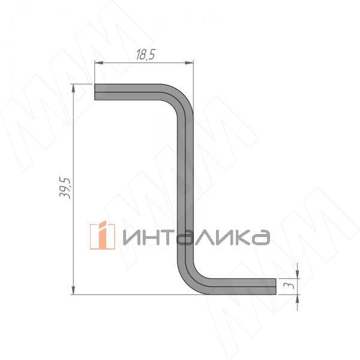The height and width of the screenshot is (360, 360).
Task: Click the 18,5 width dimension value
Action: point(146,55)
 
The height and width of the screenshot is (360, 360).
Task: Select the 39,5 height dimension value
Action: point(65,188)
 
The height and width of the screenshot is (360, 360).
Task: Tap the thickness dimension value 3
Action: point(289,286)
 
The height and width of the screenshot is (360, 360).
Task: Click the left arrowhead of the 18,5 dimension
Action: point(99,62)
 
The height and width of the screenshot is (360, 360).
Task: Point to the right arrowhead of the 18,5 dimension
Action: point(189,62)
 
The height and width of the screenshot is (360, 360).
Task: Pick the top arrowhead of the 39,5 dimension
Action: point(73,88)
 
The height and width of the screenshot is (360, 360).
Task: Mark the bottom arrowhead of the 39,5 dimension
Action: point(73,290)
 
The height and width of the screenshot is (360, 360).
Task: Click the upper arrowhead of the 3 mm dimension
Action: point(298,274)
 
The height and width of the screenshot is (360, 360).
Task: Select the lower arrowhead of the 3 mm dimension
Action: point(298,299)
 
